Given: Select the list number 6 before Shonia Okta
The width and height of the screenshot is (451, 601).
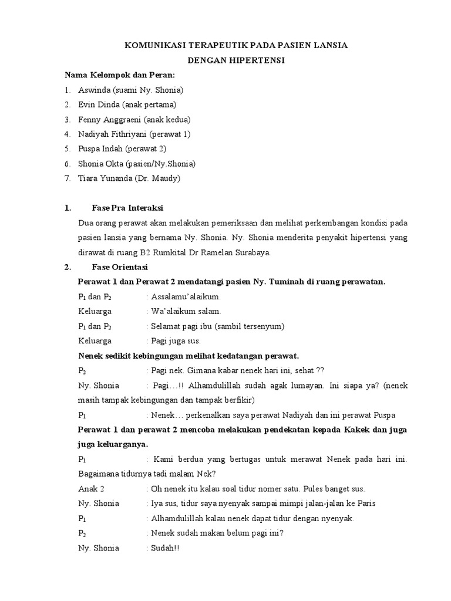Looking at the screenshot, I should [x=68, y=164].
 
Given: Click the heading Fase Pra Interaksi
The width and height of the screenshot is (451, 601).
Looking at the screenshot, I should [x=127, y=208].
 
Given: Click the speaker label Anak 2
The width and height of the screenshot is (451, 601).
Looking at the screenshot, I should [x=91, y=488].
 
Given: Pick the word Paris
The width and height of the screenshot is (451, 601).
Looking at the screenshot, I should [x=366, y=503].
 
